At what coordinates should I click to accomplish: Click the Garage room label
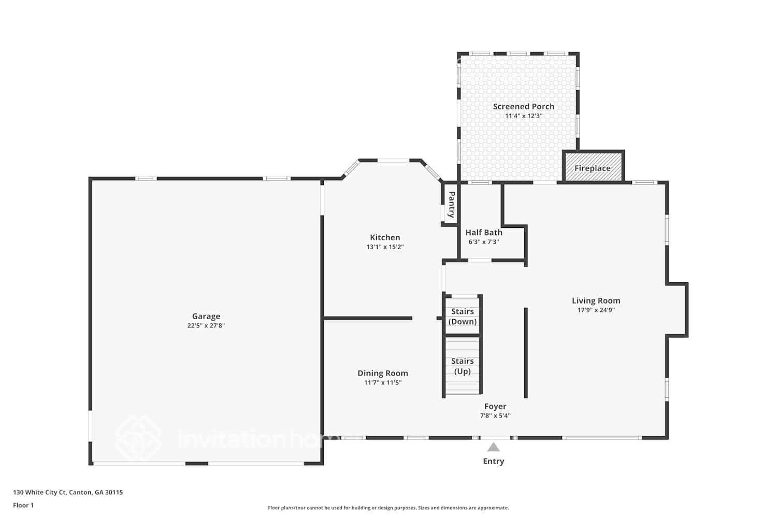click(206, 316)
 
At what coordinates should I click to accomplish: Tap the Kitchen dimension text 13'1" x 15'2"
click(385, 247)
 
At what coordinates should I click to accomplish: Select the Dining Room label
click(382, 373)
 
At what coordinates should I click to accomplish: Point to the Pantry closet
click(451, 205)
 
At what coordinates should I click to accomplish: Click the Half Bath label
click(483, 233)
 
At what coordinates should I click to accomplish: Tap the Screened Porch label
click(523, 106)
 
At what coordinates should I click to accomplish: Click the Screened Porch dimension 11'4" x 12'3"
click(523, 116)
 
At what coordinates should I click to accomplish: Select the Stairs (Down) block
click(462, 316)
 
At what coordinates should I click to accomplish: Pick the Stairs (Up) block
click(462, 366)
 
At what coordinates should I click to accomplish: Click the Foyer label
click(495, 406)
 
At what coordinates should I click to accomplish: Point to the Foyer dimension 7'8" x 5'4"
click(495, 415)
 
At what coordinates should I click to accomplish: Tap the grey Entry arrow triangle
click(493, 447)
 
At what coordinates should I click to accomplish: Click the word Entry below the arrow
click(493, 461)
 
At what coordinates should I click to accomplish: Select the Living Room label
click(596, 300)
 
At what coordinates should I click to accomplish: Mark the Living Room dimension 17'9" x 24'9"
click(596, 310)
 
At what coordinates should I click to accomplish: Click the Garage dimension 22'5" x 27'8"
click(206, 326)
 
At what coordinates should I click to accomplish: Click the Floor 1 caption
click(23, 505)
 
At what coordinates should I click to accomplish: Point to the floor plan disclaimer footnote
click(388, 508)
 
